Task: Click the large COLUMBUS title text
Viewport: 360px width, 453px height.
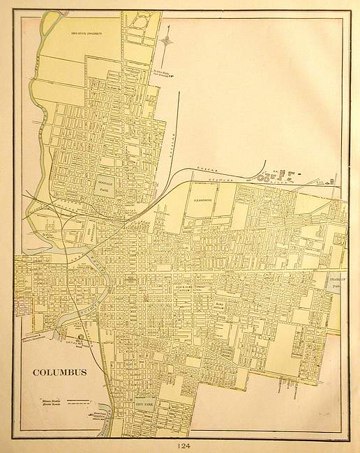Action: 59,371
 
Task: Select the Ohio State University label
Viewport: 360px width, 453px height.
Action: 87,32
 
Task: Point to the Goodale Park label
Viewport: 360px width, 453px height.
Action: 103,184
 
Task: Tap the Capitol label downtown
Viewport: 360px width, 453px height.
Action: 129,277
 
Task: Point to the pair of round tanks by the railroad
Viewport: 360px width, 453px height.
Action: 263,177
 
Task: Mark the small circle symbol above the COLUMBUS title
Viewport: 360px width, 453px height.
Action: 81,337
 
